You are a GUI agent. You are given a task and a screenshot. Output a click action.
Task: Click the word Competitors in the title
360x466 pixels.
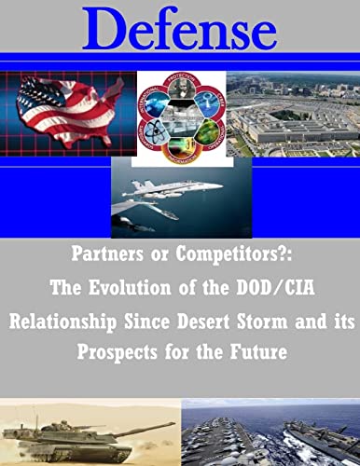(223, 254)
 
